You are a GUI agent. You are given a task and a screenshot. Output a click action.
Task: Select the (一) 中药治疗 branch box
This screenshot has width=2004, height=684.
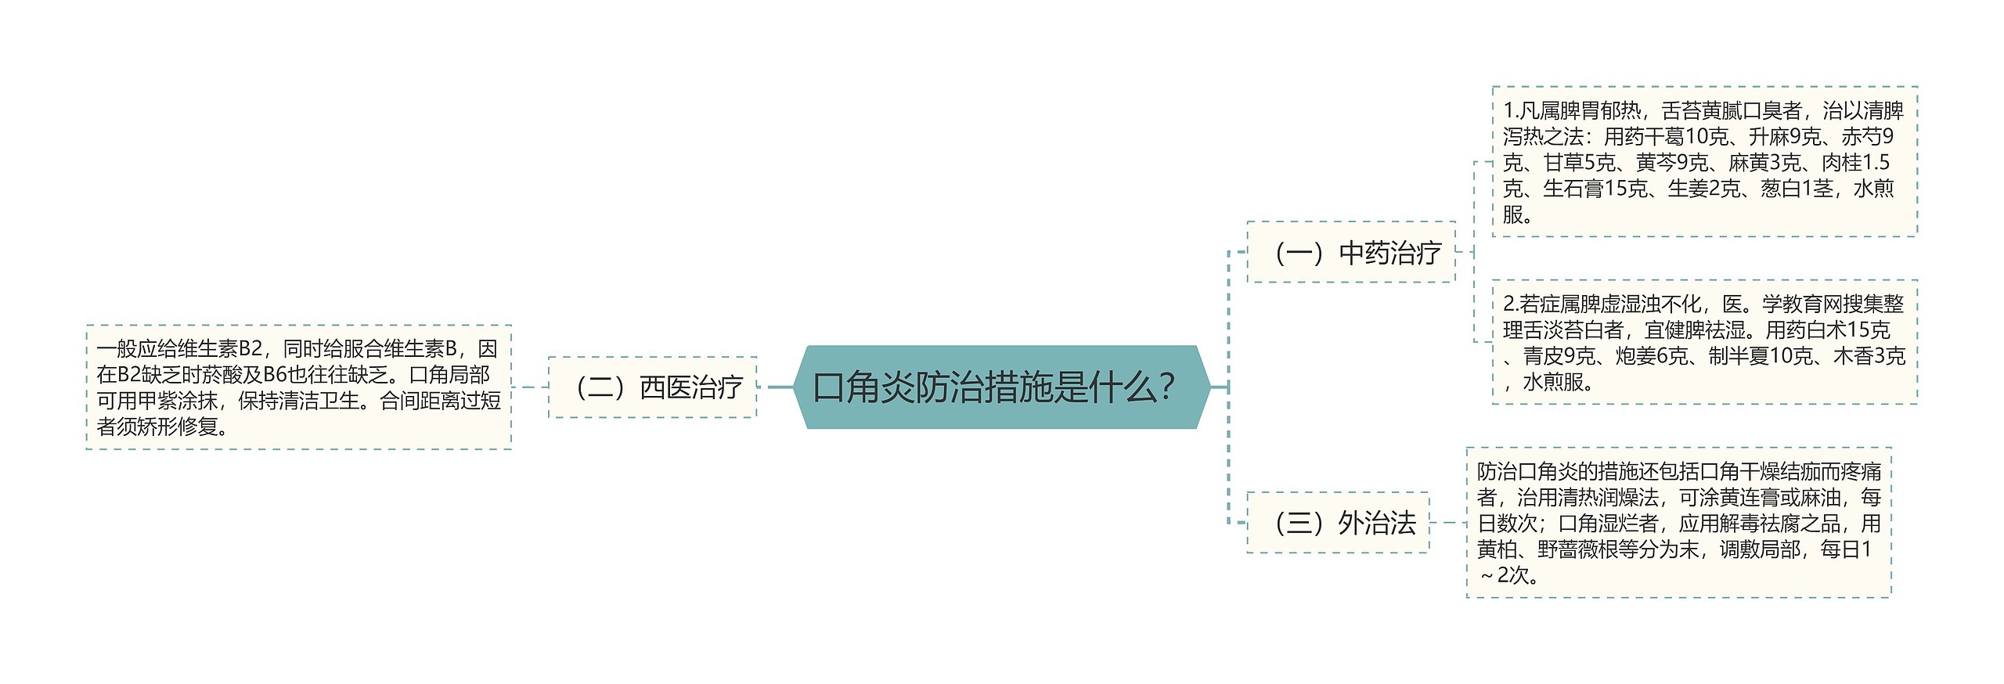click(x=1350, y=252)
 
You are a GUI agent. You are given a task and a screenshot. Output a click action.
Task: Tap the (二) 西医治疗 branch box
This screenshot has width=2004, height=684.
click(x=652, y=387)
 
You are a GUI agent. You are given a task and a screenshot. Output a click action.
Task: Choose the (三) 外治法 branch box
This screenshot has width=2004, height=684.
click(x=1337, y=522)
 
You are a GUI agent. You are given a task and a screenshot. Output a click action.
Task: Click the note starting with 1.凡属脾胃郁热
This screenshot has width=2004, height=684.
click(x=1703, y=161)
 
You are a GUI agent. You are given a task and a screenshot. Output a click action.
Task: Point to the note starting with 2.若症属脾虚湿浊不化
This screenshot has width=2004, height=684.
click(x=1703, y=342)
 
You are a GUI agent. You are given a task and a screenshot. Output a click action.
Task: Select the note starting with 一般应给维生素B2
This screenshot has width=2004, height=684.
click(x=298, y=387)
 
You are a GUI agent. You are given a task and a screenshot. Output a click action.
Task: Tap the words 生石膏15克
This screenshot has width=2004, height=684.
click(x=1594, y=189)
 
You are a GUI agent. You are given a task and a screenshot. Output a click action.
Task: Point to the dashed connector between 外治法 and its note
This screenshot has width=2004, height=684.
click(x=1447, y=522)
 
